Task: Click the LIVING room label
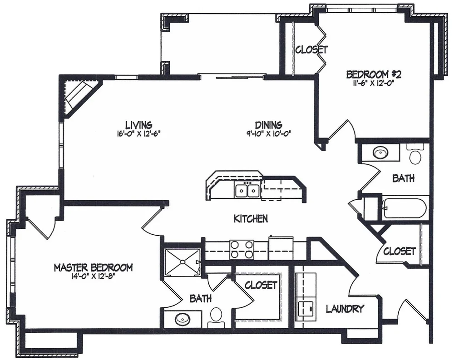pos(138,125)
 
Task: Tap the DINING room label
pos(268,125)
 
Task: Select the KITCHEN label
pos(251,219)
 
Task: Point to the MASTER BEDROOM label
pos(93,267)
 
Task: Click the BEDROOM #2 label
pos(374,75)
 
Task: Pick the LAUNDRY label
pos(345,309)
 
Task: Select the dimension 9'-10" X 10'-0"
pos(268,133)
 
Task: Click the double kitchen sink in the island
pos(247,191)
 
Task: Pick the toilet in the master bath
pos(215,318)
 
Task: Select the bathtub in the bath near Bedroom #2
pos(405,208)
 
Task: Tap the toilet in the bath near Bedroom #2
pos(415,154)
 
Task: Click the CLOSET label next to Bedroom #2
pos(311,50)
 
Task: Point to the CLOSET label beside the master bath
pos(261,285)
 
